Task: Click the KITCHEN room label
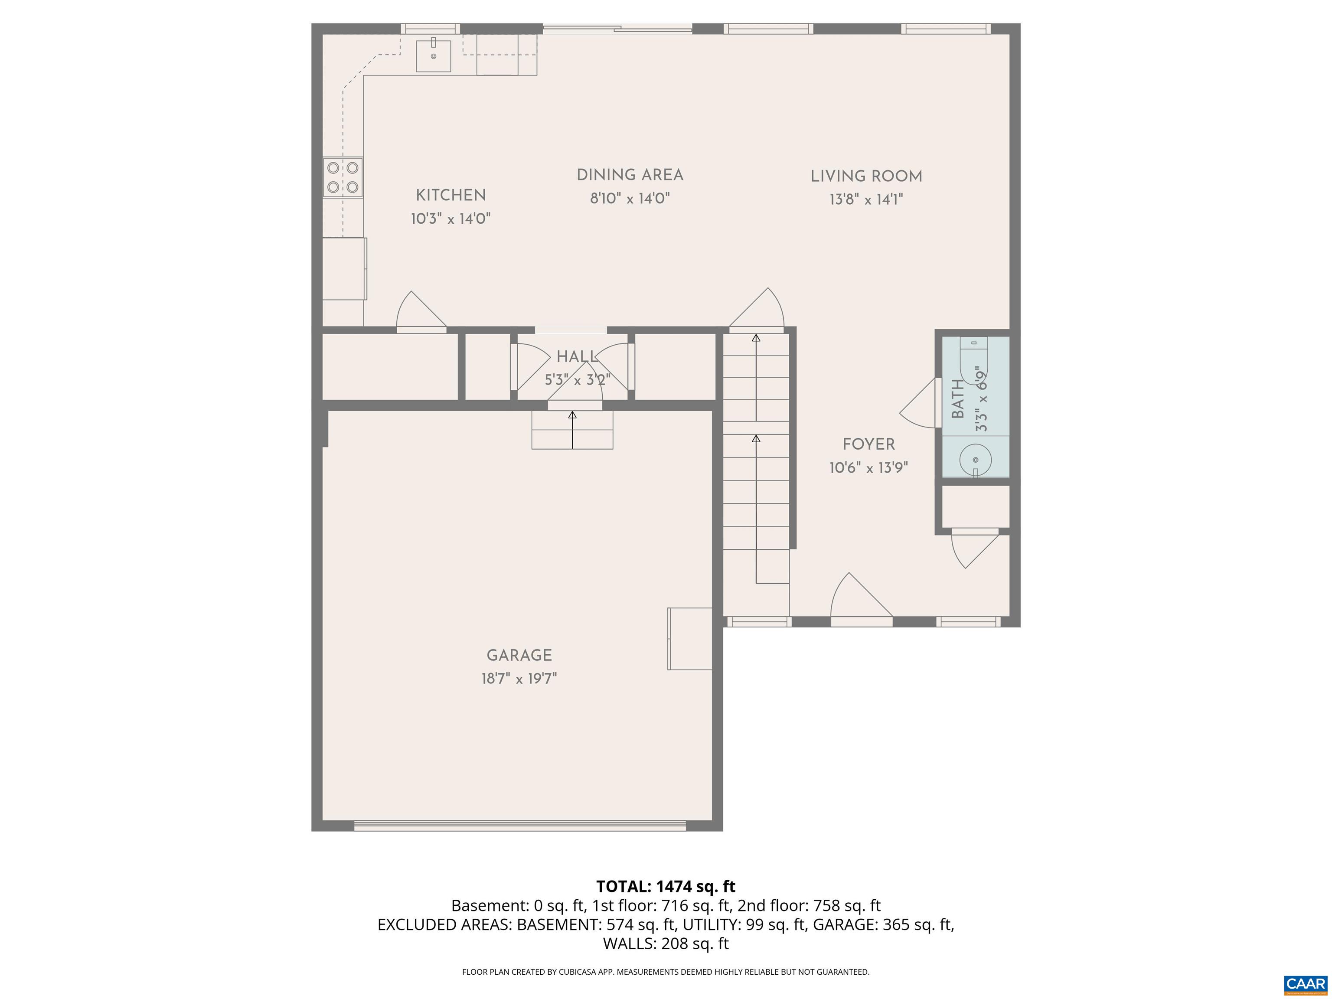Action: [451, 195]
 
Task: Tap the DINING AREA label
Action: [630, 175]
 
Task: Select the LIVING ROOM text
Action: [866, 176]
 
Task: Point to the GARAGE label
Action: [519, 655]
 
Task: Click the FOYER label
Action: [868, 444]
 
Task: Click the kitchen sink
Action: [434, 56]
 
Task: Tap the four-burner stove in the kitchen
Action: [343, 177]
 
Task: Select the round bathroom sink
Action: [975, 460]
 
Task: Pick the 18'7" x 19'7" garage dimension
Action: [519, 679]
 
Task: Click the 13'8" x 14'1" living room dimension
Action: [866, 199]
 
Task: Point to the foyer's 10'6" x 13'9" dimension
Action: [868, 468]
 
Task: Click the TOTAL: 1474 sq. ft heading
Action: [666, 886]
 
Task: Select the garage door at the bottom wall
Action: [520, 826]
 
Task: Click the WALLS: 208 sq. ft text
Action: [666, 943]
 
